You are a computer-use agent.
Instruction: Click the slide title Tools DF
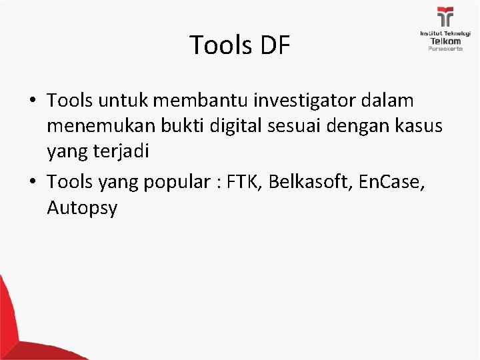pos(240,45)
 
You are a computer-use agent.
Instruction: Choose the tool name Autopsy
pos(82,209)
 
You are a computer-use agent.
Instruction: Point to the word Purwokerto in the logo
pos(443,49)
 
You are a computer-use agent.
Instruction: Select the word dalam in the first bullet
pos(391,101)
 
